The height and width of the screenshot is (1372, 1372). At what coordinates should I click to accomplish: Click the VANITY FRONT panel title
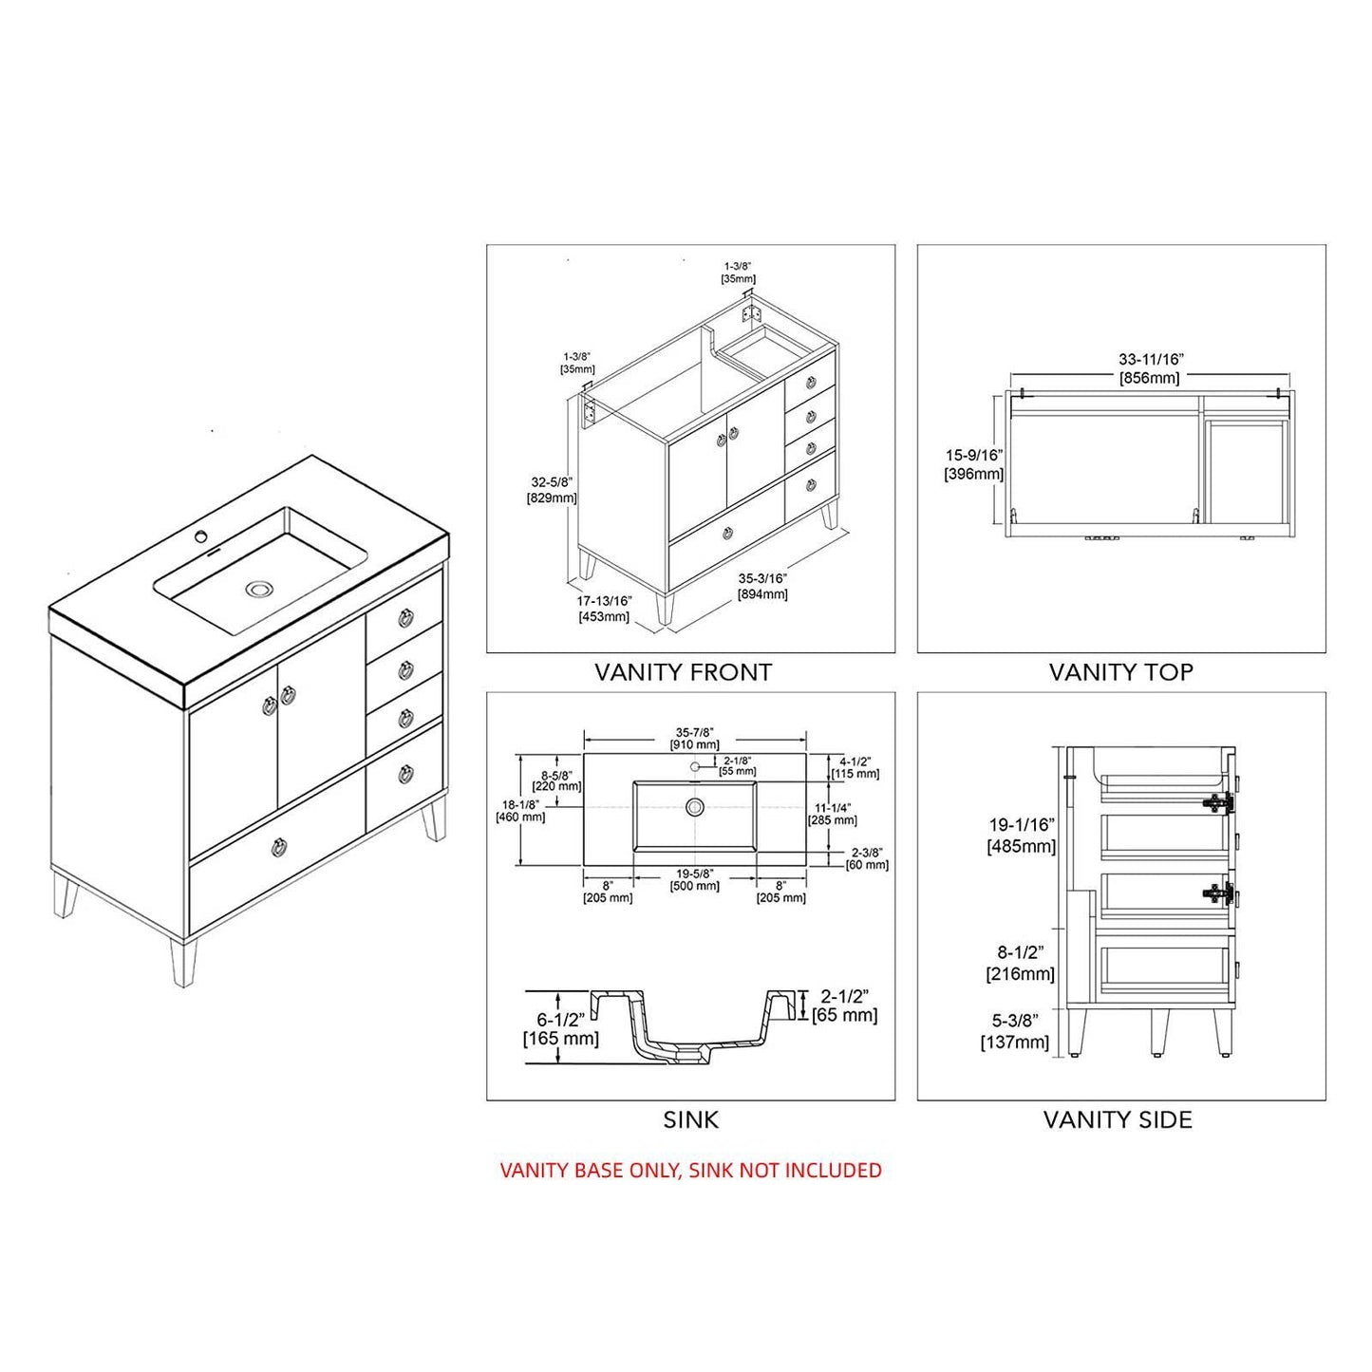(683, 672)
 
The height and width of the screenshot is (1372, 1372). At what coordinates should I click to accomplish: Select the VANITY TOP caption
(1120, 672)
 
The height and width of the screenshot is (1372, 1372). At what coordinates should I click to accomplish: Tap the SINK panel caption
(690, 1119)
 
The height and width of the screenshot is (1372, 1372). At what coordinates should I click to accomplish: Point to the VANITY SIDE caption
(1118, 1119)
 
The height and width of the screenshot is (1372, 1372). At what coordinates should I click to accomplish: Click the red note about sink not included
(690, 1170)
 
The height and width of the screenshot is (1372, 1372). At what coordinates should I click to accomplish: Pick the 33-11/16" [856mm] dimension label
(1151, 368)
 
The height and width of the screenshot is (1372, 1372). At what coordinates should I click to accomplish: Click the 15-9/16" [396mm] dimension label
(973, 464)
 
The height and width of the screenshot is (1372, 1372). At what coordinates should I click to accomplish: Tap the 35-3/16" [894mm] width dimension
(762, 586)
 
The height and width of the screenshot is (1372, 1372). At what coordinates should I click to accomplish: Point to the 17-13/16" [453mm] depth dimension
(604, 608)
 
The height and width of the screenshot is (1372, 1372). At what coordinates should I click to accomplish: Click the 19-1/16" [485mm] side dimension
(1021, 836)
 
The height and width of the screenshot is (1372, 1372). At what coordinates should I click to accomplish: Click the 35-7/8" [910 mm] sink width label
(695, 738)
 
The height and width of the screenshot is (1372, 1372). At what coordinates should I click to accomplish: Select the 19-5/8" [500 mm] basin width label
(695, 879)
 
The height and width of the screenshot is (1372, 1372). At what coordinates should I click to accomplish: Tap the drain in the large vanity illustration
(257, 589)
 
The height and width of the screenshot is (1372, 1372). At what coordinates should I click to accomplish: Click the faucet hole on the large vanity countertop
(200, 536)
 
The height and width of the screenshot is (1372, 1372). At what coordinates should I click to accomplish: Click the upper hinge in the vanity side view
(1217, 802)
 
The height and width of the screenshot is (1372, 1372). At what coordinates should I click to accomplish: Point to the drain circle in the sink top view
(695, 806)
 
